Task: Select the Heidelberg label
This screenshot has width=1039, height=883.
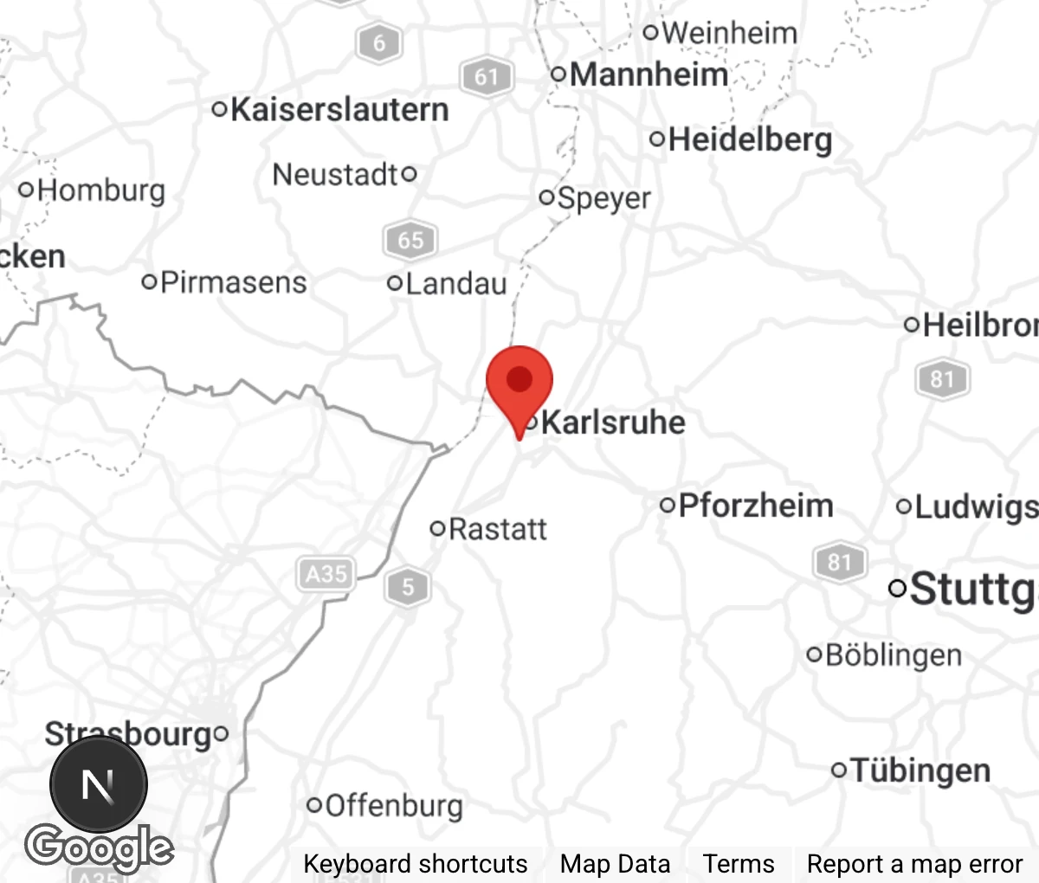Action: click(x=749, y=139)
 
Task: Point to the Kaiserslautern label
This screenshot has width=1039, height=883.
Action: click(x=339, y=110)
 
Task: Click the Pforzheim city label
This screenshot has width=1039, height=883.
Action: click(x=755, y=506)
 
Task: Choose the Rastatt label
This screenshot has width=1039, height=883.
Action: click(x=497, y=529)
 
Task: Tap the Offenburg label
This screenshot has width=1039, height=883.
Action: click(x=393, y=806)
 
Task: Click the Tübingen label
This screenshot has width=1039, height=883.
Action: click(x=920, y=770)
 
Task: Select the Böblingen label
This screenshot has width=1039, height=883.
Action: click(x=893, y=654)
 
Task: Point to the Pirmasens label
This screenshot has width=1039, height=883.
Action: click(x=233, y=282)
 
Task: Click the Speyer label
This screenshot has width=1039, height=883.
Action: click(x=603, y=198)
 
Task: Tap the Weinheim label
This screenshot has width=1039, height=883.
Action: click(x=729, y=33)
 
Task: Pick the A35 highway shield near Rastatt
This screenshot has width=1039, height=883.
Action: click(x=326, y=574)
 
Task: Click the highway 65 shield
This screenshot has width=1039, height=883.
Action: click(x=410, y=240)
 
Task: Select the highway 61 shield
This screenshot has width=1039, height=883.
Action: click(x=487, y=78)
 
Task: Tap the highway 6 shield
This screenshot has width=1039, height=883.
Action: click(x=379, y=42)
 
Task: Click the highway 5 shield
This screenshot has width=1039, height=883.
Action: click(x=408, y=588)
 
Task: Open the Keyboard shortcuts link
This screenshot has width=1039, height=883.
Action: click(x=415, y=864)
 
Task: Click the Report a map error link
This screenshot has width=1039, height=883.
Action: click(x=914, y=864)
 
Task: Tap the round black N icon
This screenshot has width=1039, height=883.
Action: click(x=98, y=784)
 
